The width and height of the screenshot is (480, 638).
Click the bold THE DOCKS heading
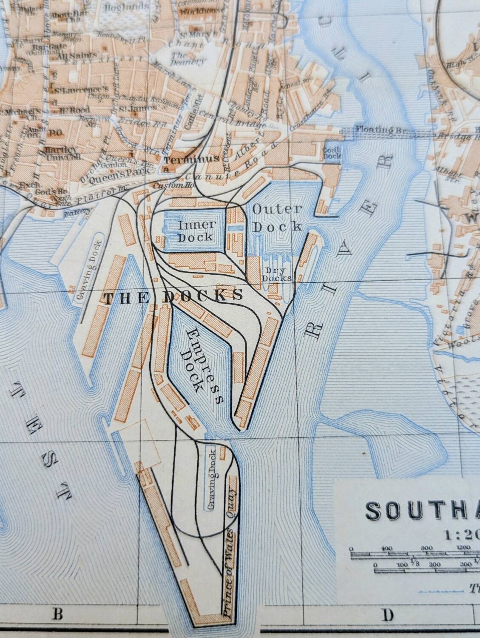pos(173,296)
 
